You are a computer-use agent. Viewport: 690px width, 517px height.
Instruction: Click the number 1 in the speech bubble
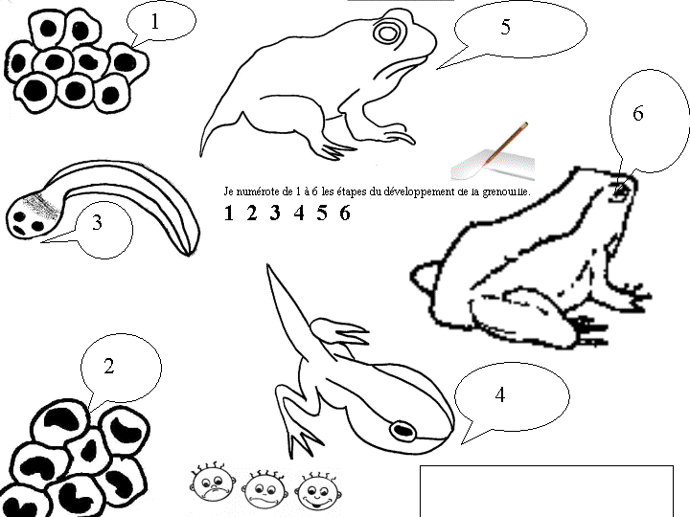coord(154,21)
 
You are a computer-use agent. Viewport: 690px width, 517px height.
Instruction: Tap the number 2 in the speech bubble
coord(108,366)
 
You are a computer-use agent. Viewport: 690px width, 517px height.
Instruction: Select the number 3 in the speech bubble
coord(98,222)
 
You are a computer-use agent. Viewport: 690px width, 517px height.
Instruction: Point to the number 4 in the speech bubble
coord(500,394)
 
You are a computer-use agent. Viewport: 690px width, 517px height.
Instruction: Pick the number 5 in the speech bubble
coord(506,27)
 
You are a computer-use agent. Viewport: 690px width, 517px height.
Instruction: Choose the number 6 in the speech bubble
coord(638,113)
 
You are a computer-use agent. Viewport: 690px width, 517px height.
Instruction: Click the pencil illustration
coord(505,145)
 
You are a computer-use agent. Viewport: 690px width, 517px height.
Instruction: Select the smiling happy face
coord(318,490)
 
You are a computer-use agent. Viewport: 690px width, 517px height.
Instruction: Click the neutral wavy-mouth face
coord(265,489)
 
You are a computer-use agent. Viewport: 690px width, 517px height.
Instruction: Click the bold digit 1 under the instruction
coord(228,214)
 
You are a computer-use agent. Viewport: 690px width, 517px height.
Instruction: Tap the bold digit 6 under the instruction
coord(345,214)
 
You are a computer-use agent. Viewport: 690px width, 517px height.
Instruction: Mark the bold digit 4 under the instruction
coord(299,214)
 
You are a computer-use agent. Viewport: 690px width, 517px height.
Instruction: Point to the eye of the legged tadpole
coord(402,430)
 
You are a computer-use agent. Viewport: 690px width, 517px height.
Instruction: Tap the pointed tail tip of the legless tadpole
coord(189,254)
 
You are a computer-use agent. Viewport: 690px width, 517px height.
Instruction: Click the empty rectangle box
coord(546,490)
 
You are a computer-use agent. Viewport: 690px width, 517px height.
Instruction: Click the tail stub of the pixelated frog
coord(424,276)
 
